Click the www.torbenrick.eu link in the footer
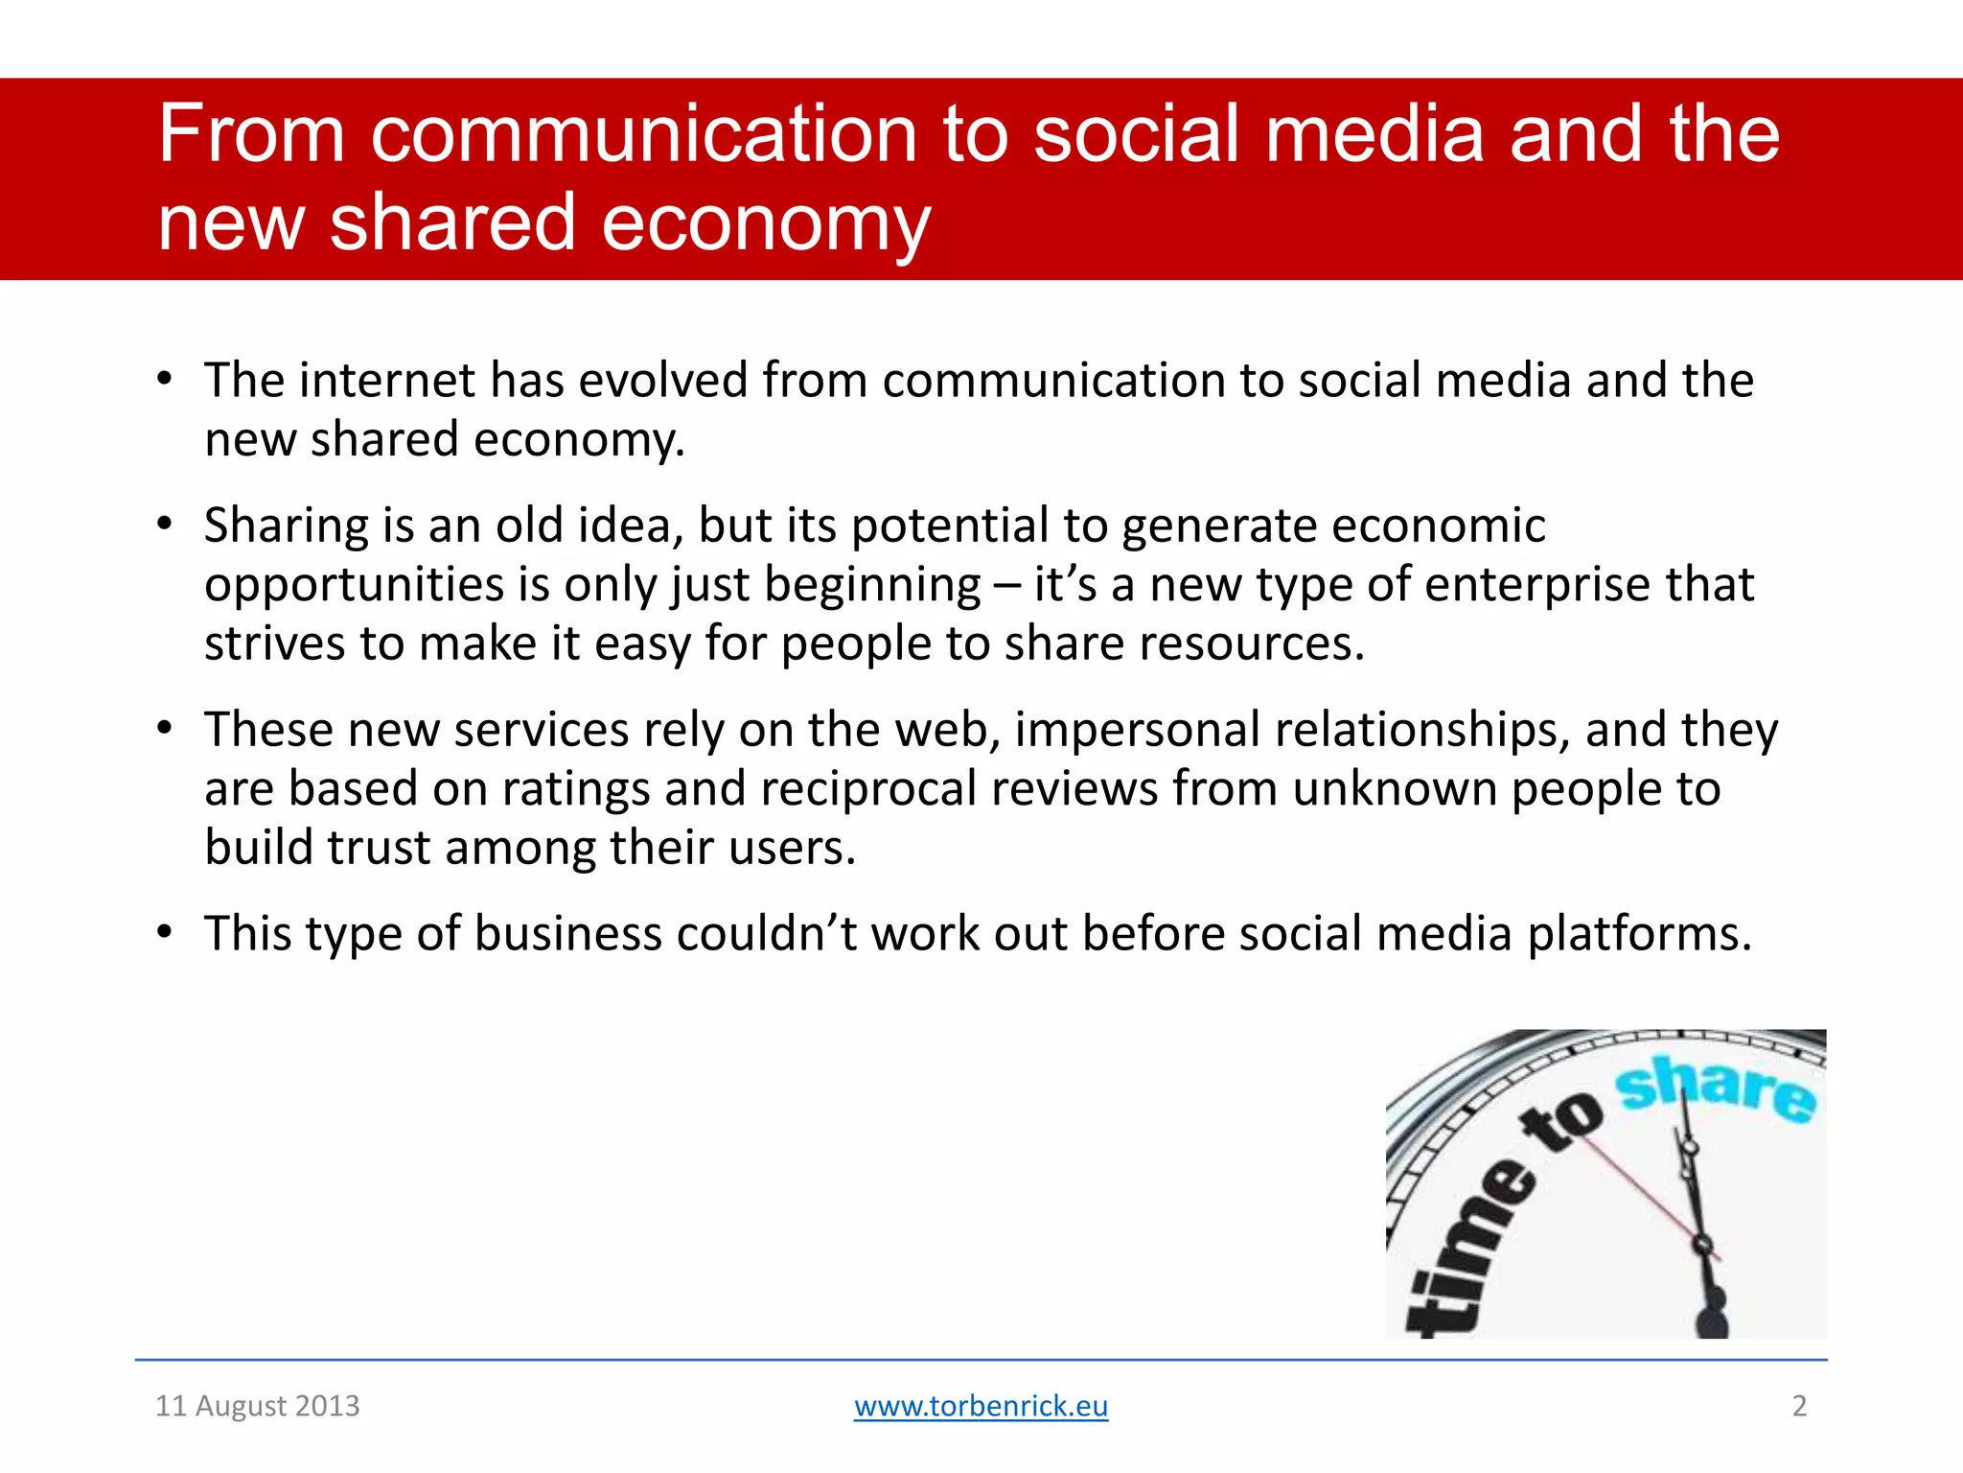pyautogui.click(x=981, y=1406)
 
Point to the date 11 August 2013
pyautogui.click(x=257, y=1406)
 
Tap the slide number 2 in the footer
pyautogui.click(x=1799, y=1406)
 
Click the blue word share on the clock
pyautogui.click(x=1716, y=1087)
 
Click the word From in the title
pyautogui.click(x=251, y=134)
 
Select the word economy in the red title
pyautogui.click(x=766, y=222)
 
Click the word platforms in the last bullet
pyautogui.click(x=1639, y=933)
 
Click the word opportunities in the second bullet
pyautogui.click(x=354, y=584)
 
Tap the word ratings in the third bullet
pyautogui.click(x=575, y=788)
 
